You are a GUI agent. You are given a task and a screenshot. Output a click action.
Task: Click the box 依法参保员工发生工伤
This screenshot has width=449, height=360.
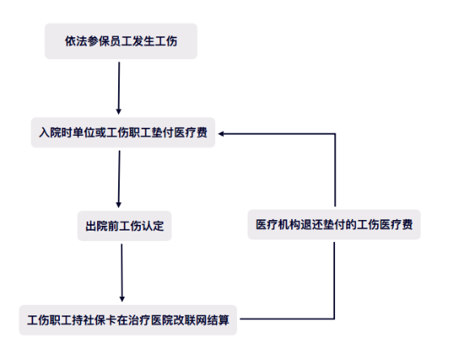coord(121,41)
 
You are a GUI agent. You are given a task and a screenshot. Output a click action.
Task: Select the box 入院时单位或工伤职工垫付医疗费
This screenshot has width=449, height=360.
coord(123,133)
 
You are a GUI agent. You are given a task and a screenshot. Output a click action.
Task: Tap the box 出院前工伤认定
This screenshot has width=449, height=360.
coord(125,226)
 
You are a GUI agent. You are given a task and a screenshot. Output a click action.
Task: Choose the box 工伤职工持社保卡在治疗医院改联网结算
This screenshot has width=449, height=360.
coord(128,320)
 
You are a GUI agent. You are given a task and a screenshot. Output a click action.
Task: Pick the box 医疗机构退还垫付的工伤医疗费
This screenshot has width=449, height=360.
coord(334,225)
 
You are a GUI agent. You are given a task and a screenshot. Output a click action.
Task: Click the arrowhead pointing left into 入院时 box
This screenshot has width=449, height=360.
coord(221,133)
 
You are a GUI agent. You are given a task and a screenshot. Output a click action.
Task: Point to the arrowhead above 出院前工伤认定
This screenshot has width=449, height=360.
coord(119,205)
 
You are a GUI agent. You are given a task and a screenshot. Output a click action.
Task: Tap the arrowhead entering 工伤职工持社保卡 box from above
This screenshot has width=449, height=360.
coord(122,299)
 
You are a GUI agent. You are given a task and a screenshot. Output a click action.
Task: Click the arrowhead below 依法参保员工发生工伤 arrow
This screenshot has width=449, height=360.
coord(119,112)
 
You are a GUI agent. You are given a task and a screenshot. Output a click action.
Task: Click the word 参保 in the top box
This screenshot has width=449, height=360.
coord(92,41)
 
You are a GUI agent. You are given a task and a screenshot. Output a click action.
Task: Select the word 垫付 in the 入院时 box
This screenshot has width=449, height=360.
coord(163,133)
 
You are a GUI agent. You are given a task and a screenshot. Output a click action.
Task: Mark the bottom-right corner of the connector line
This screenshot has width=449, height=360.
coord(334,319)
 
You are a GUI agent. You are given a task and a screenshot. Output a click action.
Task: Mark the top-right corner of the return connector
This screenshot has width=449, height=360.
coord(335,133)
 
